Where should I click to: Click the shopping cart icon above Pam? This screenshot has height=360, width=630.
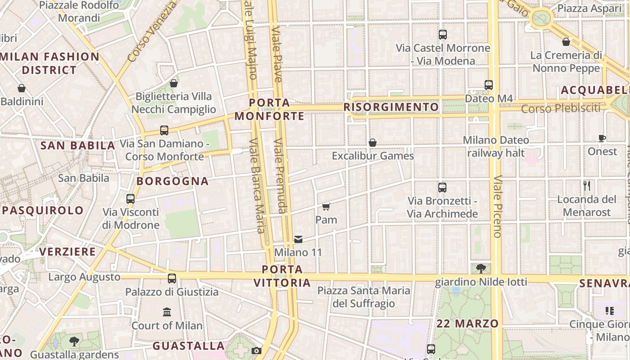pyautogui.click(x=326, y=207)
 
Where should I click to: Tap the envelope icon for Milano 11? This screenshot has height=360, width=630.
pyautogui.click(x=298, y=239)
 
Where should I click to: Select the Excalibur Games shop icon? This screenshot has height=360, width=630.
pyautogui.click(x=373, y=143)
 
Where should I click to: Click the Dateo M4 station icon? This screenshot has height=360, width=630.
pyautogui.click(x=489, y=85)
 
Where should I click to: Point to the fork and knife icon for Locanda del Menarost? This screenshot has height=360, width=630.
pyautogui.click(x=587, y=186)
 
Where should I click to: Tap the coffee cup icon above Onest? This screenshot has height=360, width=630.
pyautogui.click(x=602, y=138)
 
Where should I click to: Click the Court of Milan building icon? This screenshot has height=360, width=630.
pyautogui.click(x=167, y=311)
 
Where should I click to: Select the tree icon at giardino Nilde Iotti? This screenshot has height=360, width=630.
pyautogui.click(x=481, y=269)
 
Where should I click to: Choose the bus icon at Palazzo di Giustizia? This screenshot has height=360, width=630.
pyautogui.click(x=172, y=278)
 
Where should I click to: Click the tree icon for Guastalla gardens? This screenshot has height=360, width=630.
pyautogui.click(x=74, y=341)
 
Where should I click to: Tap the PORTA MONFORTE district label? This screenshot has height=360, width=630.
pyautogui.click(x=269, y=109)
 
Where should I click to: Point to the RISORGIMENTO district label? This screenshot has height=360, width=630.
pyautogui.click(x=391, y=107)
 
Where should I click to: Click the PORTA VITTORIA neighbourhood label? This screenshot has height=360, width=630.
pyautogui.click(x=283, y=276)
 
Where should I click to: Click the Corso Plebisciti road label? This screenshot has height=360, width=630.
pyautogui.click(x=561, y=108)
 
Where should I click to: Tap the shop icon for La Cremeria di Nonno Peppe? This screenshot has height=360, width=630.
pyautogui.click(x=566, y=42)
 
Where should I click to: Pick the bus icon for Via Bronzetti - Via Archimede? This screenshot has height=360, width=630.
pyautogui.click(x=442, y=187)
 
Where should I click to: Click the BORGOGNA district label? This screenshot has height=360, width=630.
pyautogui.click(x=172, y=181)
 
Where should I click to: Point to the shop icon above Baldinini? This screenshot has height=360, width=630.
pyautogui.click(x=22, y=88)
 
